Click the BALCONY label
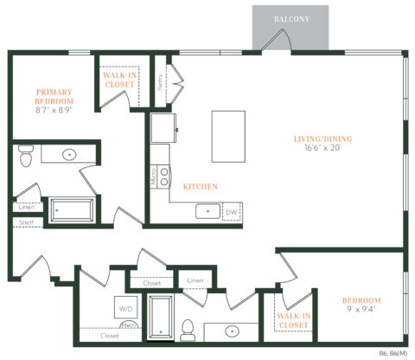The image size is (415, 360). click(290, 18)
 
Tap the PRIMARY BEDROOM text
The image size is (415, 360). click(54, 96)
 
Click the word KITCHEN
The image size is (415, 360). click(200, 186)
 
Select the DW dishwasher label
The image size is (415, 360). click(231, 211)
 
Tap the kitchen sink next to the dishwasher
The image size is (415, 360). click(207, 210)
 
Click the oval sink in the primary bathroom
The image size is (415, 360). click(68, 156)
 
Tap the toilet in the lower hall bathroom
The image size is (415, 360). click(187, 328)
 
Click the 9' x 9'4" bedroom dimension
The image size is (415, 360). click(361, 311)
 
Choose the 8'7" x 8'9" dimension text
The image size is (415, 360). click(54, 111)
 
